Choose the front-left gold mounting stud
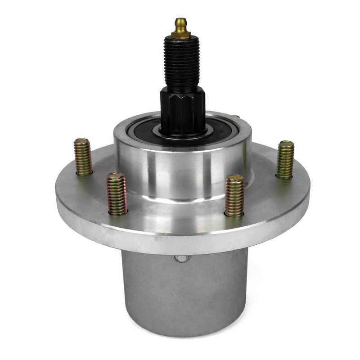tap(117, 193)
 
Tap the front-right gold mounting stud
tap(234, 196)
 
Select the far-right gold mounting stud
tap(285, 160)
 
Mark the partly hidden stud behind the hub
tap(237, 117)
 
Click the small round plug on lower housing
tap(182, 258)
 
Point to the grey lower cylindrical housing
tap(184, 292)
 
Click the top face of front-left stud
tap(116, 176)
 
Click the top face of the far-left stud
tap(82, 141)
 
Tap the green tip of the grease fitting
tap(181, 21)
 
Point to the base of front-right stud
tap(234, 214)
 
